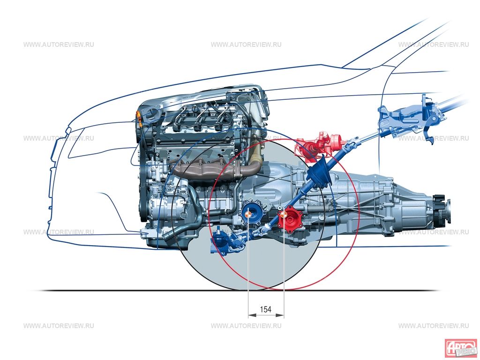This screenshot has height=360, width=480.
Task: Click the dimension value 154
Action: (266, 309)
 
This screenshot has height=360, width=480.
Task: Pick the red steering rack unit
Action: (319, 143)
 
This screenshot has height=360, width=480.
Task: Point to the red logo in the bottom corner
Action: (460, 348)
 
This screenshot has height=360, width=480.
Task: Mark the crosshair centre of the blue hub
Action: (248, 214)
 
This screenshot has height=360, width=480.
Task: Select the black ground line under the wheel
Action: (141, 290)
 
